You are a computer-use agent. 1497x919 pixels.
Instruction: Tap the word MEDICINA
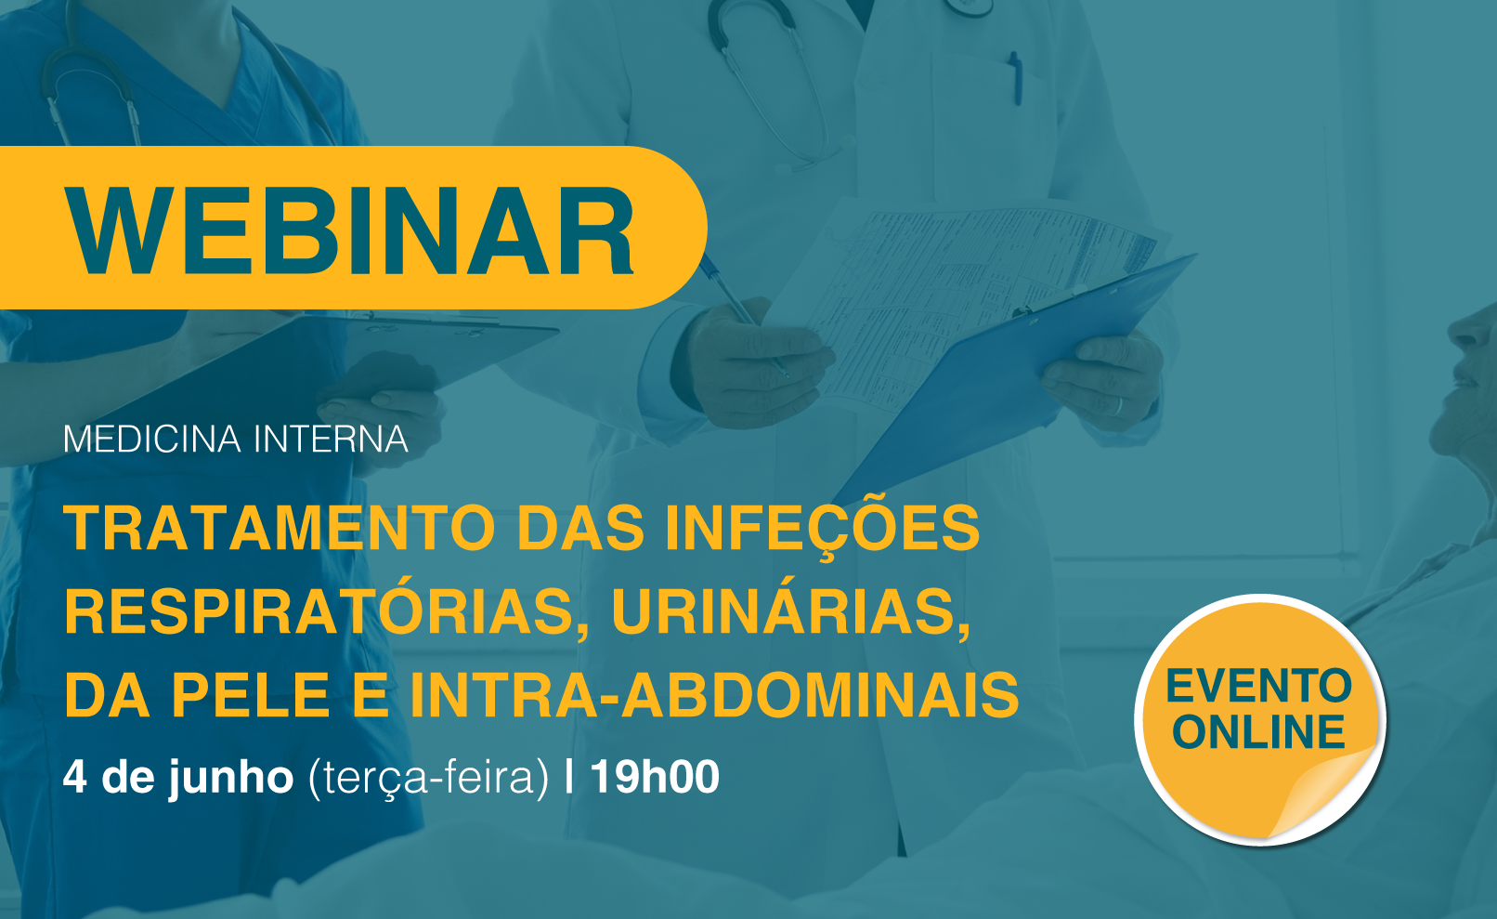151,440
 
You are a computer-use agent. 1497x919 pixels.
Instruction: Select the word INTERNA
331,440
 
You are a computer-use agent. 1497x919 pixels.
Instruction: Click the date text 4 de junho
178,778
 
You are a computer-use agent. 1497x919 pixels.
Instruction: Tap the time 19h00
655,777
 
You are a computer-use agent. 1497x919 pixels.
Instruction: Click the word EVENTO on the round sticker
1259,686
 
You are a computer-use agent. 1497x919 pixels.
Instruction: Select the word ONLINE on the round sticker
1259,731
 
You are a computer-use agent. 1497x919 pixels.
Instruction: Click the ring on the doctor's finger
1118,404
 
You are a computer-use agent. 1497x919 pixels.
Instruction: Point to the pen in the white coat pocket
1016,77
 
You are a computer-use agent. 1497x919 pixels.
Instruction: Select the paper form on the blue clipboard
962,295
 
